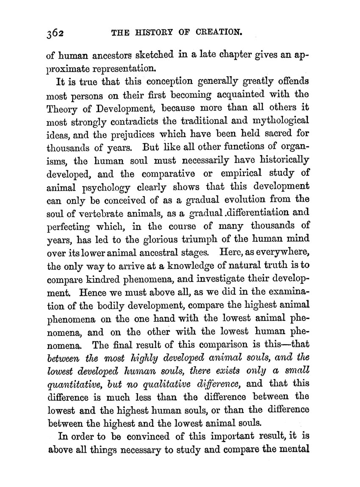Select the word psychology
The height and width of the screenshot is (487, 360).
(99, 187)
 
